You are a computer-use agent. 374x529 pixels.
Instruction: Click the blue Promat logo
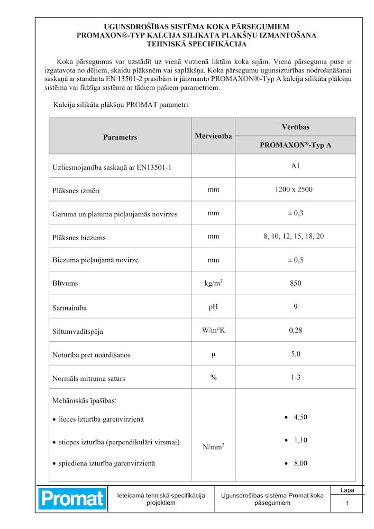click(x=71, y=498)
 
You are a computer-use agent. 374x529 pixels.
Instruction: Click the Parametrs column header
click(x=120, y=137)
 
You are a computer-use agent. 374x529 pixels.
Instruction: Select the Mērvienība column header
click(x=213, y=136)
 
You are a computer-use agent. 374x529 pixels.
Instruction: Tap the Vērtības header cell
click(x=295, y=127)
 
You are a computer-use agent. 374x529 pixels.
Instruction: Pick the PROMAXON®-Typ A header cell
click(x=295, y=145)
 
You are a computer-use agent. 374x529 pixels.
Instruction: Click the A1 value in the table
click(x=295, y=166)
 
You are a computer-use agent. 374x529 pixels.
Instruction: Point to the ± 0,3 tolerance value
click(x=295, y=213)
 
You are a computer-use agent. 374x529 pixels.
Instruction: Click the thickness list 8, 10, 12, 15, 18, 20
click(x=294, y=236)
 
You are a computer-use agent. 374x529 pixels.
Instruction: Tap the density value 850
click(x=295, y=283)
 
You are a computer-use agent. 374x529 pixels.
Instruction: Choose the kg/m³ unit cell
click(x=213, y=283)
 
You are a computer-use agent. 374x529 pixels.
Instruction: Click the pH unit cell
click(x=213, y=307)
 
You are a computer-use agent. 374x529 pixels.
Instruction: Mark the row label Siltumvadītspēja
click(x=78, y=332)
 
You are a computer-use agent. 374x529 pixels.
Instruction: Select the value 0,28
click(x=295, y=330)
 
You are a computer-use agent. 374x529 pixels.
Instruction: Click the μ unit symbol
click(x=213, y=353)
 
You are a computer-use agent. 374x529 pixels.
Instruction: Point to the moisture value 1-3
click(x=295, y=377)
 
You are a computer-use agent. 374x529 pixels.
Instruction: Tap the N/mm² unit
click(x=214, y=447)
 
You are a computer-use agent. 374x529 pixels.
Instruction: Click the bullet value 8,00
click(x=300, y=463)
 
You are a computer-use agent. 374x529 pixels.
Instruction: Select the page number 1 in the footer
click(x=347, y=504)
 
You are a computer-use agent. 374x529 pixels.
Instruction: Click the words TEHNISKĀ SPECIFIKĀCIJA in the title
click(x=196, y=44)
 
